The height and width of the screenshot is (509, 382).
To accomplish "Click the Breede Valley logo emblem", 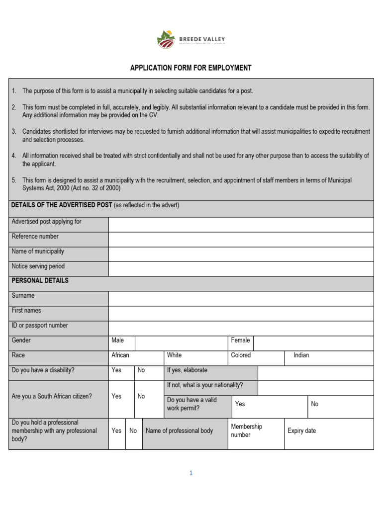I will [166, 39].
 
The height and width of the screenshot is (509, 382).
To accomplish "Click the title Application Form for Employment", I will [191, 68].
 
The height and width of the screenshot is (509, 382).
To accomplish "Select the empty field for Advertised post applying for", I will [241, 225].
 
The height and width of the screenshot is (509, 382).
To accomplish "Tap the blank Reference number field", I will [241, 240].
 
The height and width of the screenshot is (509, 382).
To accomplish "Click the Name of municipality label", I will [38, 252].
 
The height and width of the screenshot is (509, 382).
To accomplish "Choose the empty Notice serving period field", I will [241, 269].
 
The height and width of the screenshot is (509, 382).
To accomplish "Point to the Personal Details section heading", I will [40, 281].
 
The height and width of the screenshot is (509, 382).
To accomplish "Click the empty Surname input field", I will [241, 299].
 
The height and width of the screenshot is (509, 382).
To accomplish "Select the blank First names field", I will [241, 314].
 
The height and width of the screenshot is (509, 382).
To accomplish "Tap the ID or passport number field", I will [241, 329].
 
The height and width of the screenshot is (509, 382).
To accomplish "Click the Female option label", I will [240, 340].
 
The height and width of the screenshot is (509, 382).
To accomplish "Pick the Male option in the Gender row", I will [118, 340].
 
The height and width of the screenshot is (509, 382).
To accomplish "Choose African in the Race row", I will [120, 355].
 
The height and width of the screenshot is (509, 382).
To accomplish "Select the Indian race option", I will [301, 355].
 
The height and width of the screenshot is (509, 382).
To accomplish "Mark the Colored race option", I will [241, 355].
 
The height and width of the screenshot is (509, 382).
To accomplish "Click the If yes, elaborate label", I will [187, 370].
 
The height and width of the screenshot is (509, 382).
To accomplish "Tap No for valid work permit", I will [314, 404].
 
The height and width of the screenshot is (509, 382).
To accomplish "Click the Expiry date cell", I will [301, 431].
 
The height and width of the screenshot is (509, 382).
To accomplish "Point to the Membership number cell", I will [246, 430].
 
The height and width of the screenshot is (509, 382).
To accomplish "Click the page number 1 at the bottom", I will [191, 473].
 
